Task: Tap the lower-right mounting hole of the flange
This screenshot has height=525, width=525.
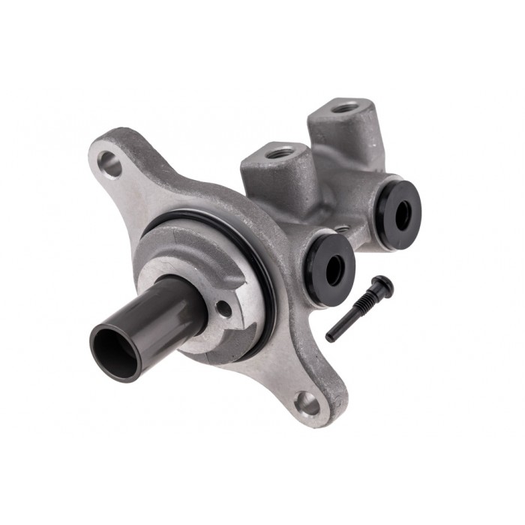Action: coord(307,404)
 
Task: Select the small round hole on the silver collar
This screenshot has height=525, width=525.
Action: coord(223,307)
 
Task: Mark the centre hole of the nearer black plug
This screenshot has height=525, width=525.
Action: coord(333,268)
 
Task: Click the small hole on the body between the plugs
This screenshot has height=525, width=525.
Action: coord(342,229)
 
